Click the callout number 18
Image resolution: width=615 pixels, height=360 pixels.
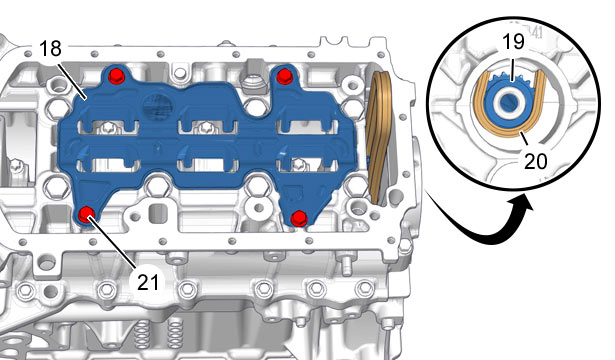tap(50, 49)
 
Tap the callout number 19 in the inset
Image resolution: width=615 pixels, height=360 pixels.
tap(513, 42)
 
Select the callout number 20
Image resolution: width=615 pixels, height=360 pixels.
tap(535, 161)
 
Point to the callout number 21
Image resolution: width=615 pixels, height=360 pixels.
tap(148, 282)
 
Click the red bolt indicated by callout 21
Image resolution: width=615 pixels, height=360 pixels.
tap(86, 215)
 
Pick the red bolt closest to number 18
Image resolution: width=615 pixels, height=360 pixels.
tap(116, 75)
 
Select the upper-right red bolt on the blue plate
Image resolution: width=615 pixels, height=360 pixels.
tap(284, 76)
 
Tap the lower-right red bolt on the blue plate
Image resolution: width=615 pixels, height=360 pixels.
tap(299, 218)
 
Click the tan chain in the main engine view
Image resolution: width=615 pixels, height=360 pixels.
tap(378, 137)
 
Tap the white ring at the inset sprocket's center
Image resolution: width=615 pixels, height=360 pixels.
tap(508, 102)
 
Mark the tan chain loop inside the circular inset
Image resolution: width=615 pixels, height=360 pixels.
tap(509, 131)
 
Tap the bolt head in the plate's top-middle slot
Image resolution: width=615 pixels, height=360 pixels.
tap(205, 127)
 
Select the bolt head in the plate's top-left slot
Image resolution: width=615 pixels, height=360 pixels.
tap(106, 127)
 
